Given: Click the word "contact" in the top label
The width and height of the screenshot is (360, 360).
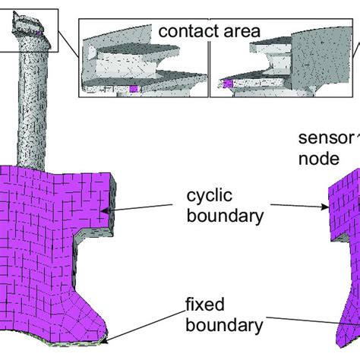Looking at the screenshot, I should pos(184,32).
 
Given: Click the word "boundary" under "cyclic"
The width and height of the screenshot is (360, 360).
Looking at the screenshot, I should pos(225,216).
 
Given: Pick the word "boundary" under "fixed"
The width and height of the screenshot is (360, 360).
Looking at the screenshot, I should pos(225,327).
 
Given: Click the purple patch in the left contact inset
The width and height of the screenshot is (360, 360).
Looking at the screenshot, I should pos(135,90).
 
